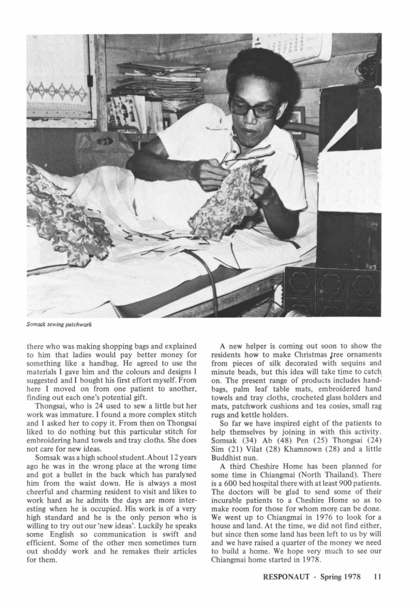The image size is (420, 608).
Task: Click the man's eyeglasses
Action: coord(254,108)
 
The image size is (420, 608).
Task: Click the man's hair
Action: coord(262,70)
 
